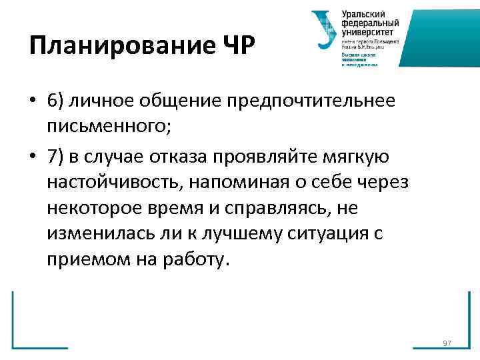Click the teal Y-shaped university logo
(325, 31)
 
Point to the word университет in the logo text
(367, 31)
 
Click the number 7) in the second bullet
(56, 155)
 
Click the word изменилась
(95, 235)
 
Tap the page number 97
(447, 343)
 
